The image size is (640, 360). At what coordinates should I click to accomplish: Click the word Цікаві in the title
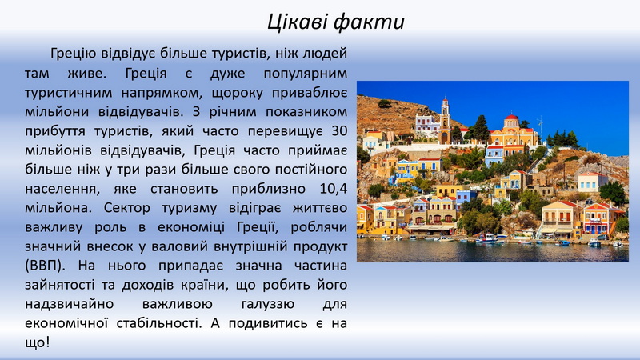click(298, 22)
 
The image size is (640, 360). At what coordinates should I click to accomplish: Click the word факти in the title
click(370, 22)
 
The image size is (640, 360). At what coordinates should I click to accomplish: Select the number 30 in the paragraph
click(339, 131)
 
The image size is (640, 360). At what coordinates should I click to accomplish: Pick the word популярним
click(306, 74)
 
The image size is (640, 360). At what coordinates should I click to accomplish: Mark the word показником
click(306, 112)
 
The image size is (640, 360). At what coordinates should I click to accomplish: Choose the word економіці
click(191, 227)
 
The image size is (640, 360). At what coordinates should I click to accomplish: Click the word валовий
click(177, 246)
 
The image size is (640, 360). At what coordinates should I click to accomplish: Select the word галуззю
click(268, 305)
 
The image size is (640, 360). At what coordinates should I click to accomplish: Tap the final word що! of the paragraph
click(37, 342)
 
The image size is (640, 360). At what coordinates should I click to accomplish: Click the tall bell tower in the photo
click(445, 121)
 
